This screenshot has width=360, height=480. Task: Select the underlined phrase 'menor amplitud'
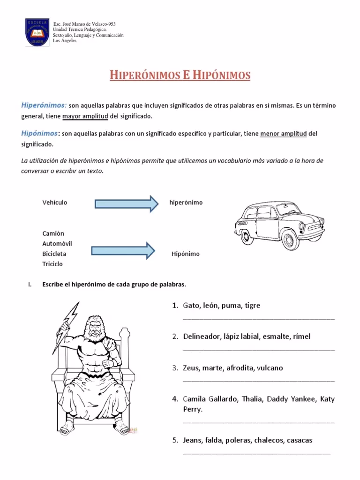tap(283, 134)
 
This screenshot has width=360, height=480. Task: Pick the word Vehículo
tap(55, 202)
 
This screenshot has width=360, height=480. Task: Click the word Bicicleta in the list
tap(54, 254)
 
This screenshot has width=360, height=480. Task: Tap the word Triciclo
tap(52, 264)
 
